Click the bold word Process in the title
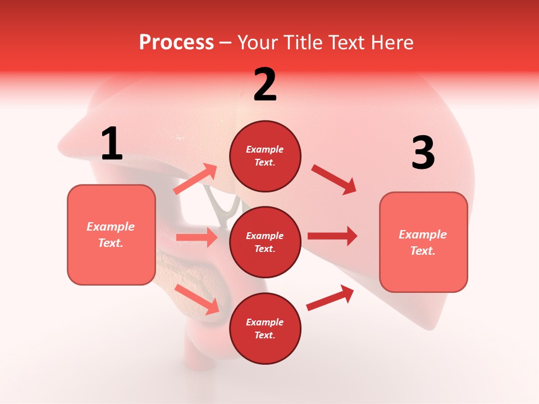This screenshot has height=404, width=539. pyautogui.click(x=176, y=43)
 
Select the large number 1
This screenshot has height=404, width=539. pyautogui.click(x=112, y=144)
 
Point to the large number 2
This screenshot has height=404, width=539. pyautogui.click(x=265, y=85)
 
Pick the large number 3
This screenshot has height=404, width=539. pyautogui.click(x=423, y=153)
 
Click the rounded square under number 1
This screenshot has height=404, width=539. pyautogui.click(x=111, y=235)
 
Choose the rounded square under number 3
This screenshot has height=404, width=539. pyautogui.click(x=423, y=242)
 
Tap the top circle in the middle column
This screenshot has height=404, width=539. pyautogui.click(x=265, y=156)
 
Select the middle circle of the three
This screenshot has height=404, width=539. pyautogui.click(x=265, y=242)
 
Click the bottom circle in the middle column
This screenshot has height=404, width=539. pyautogui.click(x=265, y=328)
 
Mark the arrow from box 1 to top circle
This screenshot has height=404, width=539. pyautogui.click(x=195, y=179)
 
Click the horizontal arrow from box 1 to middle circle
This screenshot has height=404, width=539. pyautogui.click(x=197, y=237)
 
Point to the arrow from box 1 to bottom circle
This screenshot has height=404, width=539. pyautogui.click(x=197, y=299)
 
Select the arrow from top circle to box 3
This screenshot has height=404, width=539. pyautogui.click(x=334, y=179)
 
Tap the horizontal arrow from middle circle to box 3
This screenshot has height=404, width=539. pyautogui.click(x=332, y=236)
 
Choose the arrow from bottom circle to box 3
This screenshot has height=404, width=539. pyautogui.click(x=330, y=298)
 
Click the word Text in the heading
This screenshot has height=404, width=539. pyautogui.click(x=343, y=43)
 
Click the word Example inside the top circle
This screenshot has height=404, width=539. pyautogui.click(x=265, y=150)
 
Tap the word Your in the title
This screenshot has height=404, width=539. pyautogui.click(x=256, y=43)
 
